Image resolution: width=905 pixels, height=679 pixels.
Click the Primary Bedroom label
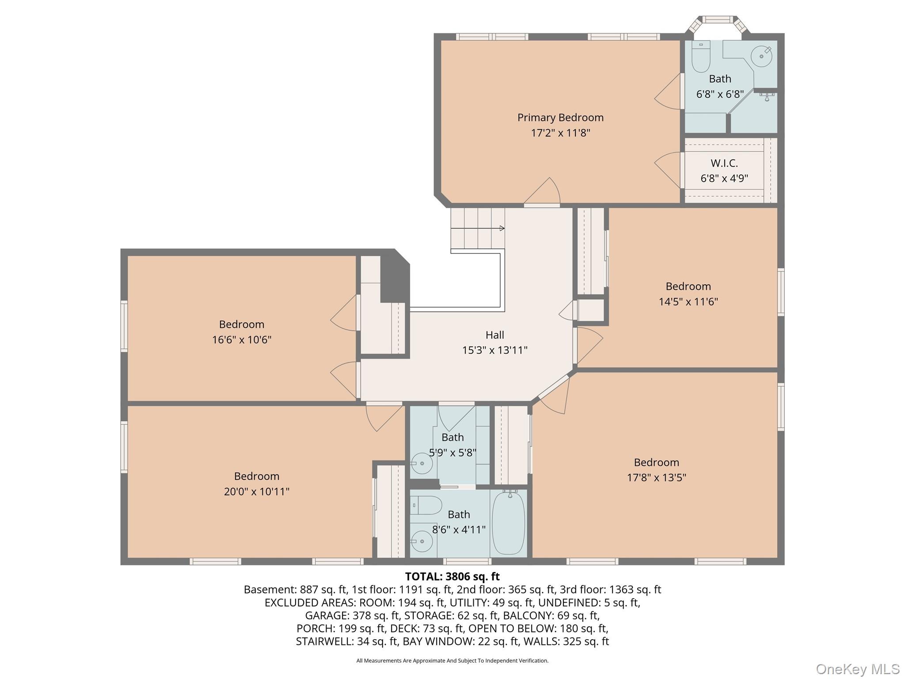[560, 118]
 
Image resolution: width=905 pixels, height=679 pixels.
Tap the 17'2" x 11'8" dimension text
[560, 133]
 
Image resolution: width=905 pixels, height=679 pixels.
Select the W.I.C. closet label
[724, 163]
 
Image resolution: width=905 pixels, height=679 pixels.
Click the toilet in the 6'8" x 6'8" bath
[701, 56]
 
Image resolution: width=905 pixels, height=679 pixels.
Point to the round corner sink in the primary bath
[761, 56]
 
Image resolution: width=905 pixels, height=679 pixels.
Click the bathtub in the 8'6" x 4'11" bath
[509, 523]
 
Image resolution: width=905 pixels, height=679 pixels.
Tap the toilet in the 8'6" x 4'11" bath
[426, 505]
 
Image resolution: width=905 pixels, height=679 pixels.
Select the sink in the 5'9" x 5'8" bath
[422, 463]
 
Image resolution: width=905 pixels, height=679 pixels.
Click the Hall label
[494, 335]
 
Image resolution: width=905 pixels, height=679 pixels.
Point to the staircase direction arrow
[478, 228]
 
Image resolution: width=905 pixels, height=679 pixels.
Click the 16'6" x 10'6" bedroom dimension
[242, 339]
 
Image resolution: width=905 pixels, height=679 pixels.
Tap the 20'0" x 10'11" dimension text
[257, 492]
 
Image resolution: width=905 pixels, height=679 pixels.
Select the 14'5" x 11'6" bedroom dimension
[688, 301]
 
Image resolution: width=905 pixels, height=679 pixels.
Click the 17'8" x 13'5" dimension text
[657, 477]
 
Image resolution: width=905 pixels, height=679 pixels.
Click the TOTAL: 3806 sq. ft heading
[452, 576]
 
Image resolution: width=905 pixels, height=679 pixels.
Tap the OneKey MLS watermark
[858, 669]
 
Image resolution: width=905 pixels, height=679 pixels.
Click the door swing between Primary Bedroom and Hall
[542, 192]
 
